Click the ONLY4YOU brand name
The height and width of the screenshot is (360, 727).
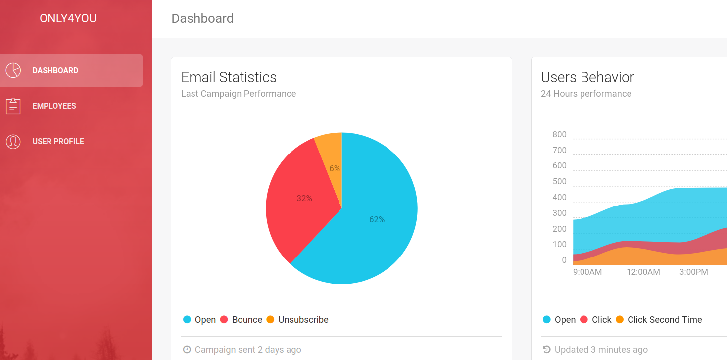pos(68,19)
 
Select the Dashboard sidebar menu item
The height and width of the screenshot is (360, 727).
pos(55,71)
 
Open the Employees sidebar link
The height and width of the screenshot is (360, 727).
pos(54,106)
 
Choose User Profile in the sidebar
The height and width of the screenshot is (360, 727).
pos(58,141)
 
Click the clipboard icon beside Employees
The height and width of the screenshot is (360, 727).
pos(13,106)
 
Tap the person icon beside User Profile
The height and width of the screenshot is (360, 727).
pos(13,141)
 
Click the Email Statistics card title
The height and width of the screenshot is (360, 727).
pos(229,77)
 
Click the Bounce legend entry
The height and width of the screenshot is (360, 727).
pos(242,320)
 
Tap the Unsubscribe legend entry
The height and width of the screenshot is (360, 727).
pos(297,320)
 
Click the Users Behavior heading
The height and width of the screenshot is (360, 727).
pos(587,77)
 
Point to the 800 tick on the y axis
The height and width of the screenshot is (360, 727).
pos(559,135)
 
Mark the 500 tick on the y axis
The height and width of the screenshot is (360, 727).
pos(559,182)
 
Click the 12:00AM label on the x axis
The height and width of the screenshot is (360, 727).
pos(643,272)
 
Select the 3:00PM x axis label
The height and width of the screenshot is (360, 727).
pos(693,272)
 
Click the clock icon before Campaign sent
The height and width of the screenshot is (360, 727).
pos(187,350)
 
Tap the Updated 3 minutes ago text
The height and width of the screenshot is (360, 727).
pos(601,350)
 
